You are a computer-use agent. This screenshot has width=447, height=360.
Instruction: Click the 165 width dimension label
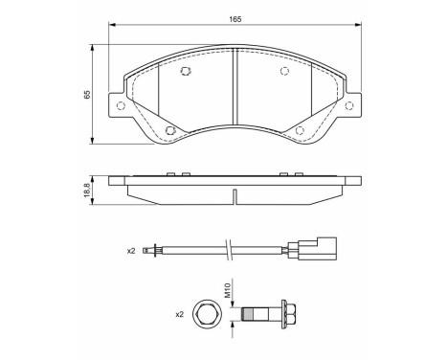[235, 19]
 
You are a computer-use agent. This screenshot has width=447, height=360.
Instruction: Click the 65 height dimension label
[87, 94]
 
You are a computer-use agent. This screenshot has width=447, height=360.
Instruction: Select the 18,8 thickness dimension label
[87, 191]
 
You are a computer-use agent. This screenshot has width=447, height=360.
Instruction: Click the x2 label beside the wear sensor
[131, 251]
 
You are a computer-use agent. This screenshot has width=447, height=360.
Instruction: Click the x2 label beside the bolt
[180, 315]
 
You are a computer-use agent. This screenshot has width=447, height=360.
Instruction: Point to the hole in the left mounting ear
[121, 105]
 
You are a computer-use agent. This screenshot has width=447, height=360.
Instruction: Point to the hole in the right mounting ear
[349, 105]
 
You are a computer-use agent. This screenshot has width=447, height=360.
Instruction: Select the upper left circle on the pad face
[185, 71]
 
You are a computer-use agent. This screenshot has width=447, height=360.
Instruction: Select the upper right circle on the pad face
[284, 71]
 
